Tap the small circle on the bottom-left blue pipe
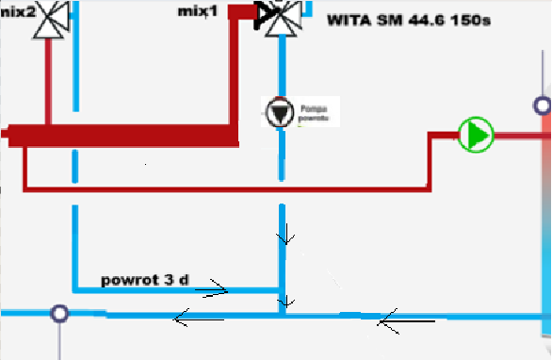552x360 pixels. [60, 313]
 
